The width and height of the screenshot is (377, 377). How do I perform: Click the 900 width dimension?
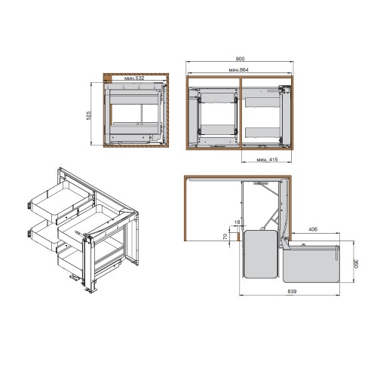(240, 59)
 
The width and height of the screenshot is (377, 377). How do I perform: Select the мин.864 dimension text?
(238, 70)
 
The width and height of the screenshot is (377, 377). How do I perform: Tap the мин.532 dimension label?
(134, 78)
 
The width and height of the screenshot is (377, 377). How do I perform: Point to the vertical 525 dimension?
(89, 115)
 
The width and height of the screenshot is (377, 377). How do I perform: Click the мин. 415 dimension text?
(267, 160)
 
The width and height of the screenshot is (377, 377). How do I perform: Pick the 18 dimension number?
(237, 222)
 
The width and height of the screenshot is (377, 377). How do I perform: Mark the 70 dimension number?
(225, 236)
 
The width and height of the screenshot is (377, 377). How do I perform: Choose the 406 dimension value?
(313, 229)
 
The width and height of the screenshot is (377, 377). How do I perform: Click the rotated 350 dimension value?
(356, 264)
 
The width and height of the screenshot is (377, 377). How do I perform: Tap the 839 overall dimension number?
(292, 291)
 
